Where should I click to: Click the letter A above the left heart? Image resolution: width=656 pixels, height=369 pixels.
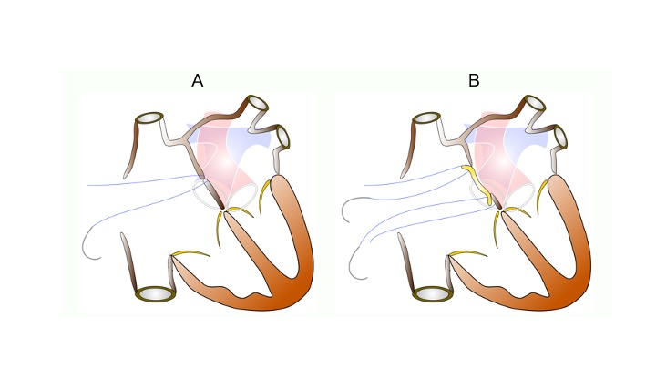(198, 80)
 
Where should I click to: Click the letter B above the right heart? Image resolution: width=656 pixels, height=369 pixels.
(474, 80)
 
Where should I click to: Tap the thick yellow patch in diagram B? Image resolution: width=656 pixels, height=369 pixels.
(479, 184)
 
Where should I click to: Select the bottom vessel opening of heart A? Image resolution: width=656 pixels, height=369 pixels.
(156, 293)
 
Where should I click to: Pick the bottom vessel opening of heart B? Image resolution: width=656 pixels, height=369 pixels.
(433, 293)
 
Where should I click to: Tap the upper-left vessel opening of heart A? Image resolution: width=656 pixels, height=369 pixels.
(149, 118)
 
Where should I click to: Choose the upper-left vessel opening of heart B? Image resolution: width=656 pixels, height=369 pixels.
(426, 118)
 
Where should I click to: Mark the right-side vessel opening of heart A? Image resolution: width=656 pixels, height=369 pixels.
(282, 137)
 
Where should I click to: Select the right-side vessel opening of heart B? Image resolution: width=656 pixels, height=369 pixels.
(560, 137)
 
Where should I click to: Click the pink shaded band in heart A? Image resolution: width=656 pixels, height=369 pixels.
(221, 159)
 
